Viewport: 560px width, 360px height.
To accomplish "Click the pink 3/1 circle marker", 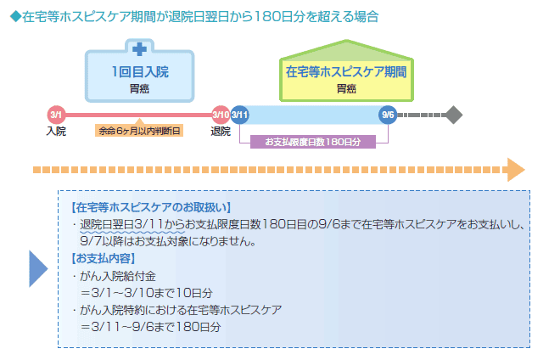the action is (57, 115).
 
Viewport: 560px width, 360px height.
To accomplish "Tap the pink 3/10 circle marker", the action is (221, 115).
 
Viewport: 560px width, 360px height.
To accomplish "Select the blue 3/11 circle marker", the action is (239, 115).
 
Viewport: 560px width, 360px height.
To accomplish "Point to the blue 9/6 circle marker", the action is (388, 115).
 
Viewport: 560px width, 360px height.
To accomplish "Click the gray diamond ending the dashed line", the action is (454, 115).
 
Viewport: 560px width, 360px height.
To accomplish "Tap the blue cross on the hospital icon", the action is (139, 49).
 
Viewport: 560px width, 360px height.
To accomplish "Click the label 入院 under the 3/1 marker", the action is (56, 132).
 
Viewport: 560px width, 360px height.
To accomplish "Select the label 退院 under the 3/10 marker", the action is (221, 132).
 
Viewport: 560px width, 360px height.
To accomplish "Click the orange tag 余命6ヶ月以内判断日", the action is (139, 131).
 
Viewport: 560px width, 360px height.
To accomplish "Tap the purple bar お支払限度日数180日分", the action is (313, 142).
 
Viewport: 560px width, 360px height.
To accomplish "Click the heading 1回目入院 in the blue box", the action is (140, 72).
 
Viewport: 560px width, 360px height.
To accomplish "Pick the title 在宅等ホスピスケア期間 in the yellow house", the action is (346, 72).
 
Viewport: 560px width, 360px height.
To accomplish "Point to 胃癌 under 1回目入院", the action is (139, 88).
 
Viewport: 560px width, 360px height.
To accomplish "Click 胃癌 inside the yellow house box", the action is (346, 88).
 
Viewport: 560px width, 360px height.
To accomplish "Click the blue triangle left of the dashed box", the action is (38, 269).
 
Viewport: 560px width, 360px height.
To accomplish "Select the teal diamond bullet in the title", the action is (16, 16).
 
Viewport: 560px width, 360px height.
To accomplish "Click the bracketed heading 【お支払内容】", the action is (104, 258).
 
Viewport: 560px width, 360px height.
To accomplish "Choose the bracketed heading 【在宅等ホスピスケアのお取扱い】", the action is (151, 207).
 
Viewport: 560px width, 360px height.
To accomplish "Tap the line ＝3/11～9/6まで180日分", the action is (150, 327).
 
